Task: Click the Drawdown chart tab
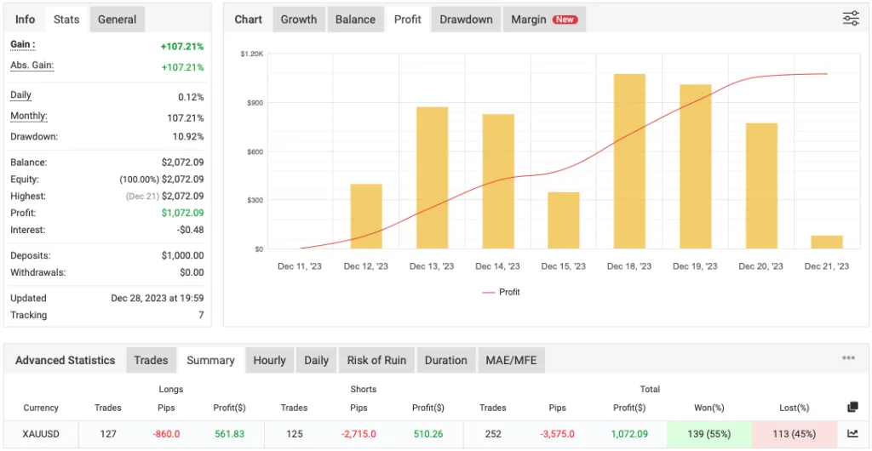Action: pyautogui.click(x=466, y=20)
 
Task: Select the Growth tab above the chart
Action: pyautogui.click(x=299, y=20)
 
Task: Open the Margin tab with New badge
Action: pyautogui.click(x=543, y=20)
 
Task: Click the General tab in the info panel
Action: pyautogui.click(x=117, y=20)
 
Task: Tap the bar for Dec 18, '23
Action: pyautogui.click(x=629, y=162)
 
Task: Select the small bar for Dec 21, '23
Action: pyautogui.click(x=827, y=242)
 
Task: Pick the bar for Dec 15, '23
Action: pyautogui.click(x=563, y=220)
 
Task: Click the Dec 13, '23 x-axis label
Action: pyautogui.click(x=432, y=266)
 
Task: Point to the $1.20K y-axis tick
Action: pyautogui.click(x=252, y=54)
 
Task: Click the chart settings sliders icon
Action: pyautogui.click(x=851, y=19)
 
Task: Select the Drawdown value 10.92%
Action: pyautogui.click(x=187, y=137)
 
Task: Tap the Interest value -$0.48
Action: pyautogui.click(x=189, y=230)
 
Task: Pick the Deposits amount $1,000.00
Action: pyautogui.click(x=182, y=255)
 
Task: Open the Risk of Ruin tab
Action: pyautogui.click(x=376, y=360)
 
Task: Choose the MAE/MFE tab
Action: pyautogui.click(x=511, y=360)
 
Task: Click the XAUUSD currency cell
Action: pyautogui.click(x=41, y=434)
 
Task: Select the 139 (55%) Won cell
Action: pyautogui.click(x=709, y=434)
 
